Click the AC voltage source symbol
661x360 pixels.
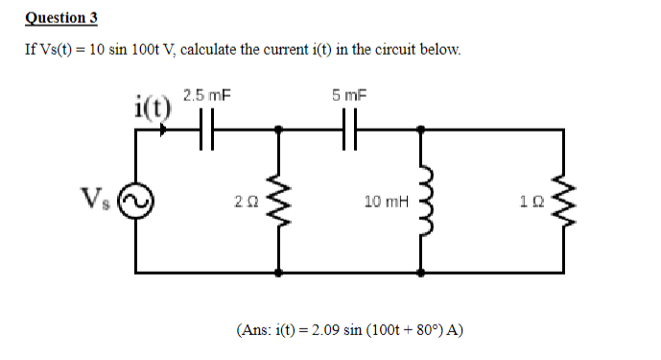point(136,202)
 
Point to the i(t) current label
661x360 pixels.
point(152,104)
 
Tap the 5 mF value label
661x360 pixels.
point(349,95)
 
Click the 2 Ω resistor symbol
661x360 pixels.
point(278,202)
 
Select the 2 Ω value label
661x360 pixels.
point(245,202)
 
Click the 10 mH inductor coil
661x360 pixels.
point(422,202)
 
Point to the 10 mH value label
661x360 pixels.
point(386,202)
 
